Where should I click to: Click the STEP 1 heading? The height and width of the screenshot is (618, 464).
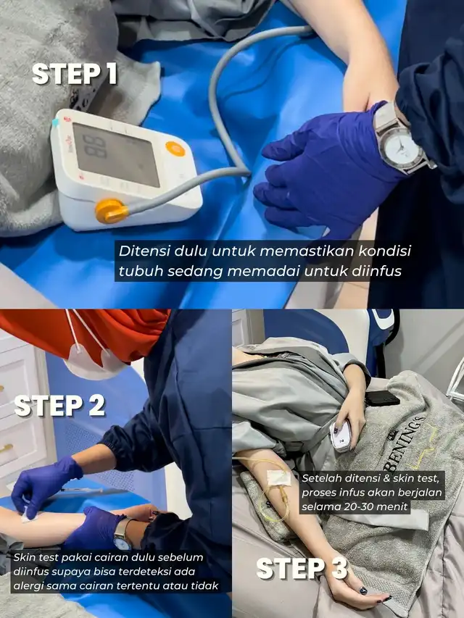tap(75, 74)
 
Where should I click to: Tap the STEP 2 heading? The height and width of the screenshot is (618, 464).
tap(60, 406)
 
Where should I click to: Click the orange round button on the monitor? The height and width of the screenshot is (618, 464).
tap(175, 149)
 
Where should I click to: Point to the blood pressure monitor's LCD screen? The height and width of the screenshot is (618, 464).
tap(115, 154)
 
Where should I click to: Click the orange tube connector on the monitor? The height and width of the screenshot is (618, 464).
tap(111, 212)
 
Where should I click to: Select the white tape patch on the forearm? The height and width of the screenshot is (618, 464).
tap(279, 477)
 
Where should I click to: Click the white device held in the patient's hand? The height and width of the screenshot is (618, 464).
tap(340, 436)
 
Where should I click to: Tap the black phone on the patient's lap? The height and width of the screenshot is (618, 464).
tap(382, 398)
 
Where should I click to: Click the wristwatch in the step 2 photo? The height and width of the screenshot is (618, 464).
tap(123, 535)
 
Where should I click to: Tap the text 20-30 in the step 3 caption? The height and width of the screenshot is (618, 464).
tap(365, 506)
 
